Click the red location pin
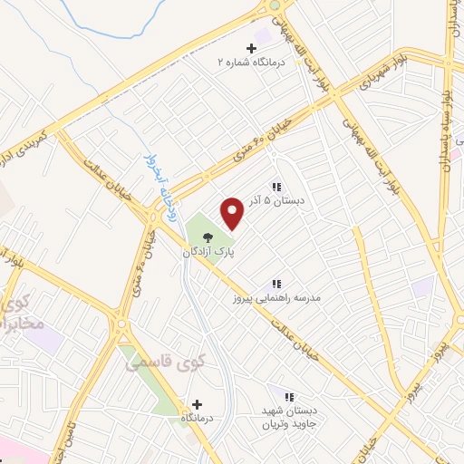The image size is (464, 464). pos(233,214)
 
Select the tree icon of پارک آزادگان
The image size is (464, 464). pos(208,239)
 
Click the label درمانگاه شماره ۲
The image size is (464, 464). pos(251,63)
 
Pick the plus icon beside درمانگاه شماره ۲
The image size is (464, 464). pos(252,47)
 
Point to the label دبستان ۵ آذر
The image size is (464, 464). pos(276,202)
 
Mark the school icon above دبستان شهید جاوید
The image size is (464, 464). pos(289,397)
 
